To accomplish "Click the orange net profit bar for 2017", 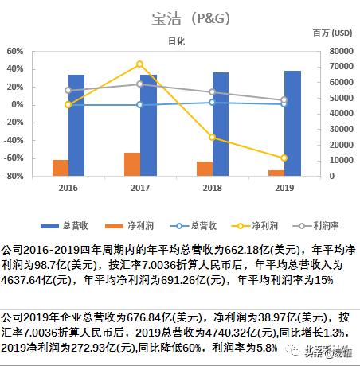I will (131, 164).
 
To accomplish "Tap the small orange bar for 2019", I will (276, 173).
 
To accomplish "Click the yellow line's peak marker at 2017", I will (140, 64).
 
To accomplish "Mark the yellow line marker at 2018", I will (212, 137).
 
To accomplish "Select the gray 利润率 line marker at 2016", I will (68, 90).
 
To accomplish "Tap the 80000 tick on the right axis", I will (341, 51).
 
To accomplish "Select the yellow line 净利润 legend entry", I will (236, 225).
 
